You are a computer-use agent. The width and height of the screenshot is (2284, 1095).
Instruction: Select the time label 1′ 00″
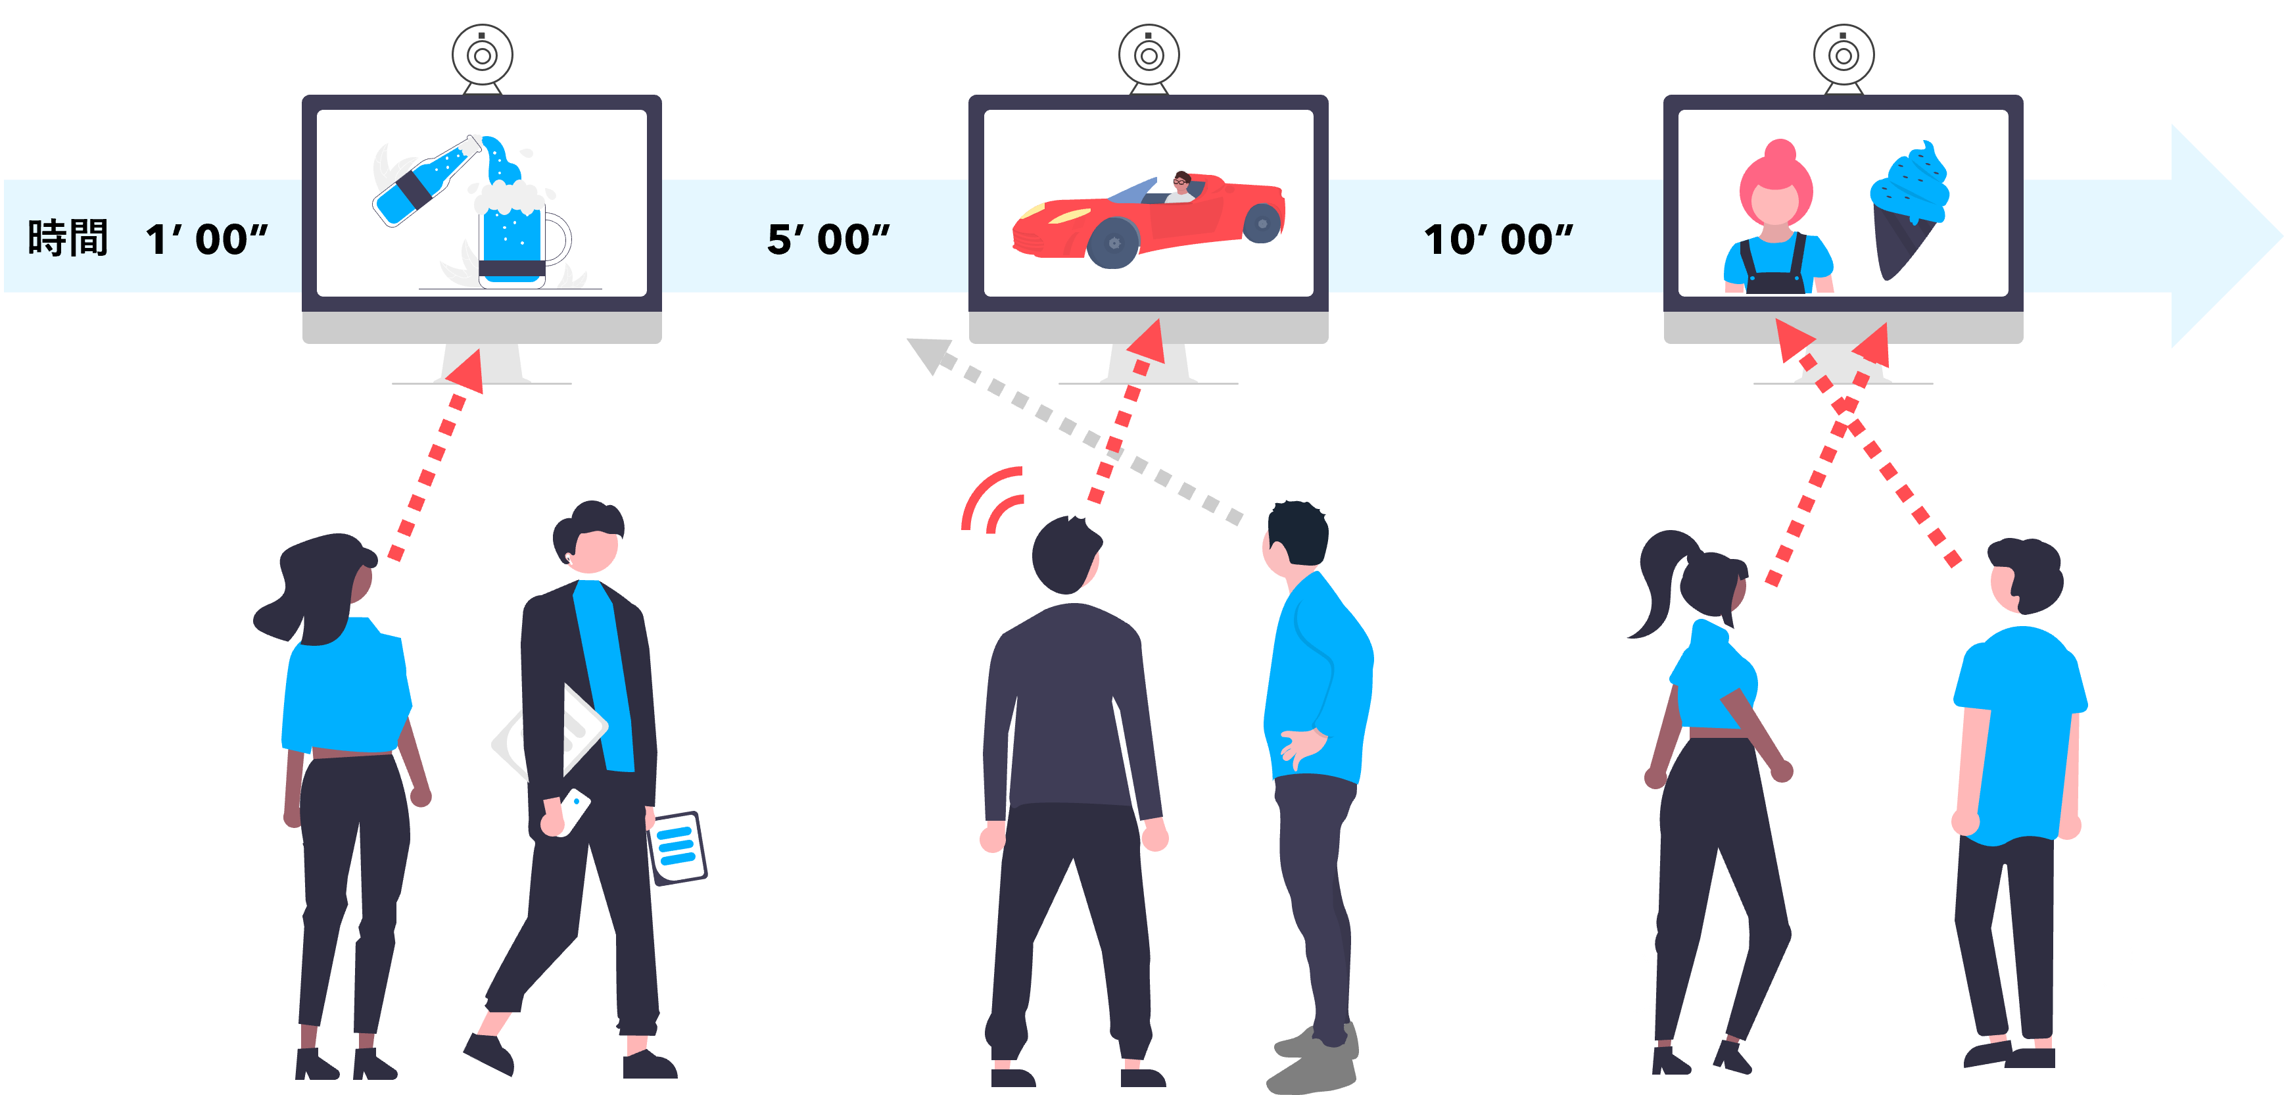[206, 239]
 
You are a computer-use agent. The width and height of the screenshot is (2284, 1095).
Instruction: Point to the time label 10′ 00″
[1498, 239]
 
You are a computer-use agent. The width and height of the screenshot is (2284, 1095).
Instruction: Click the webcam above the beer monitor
[483, 56]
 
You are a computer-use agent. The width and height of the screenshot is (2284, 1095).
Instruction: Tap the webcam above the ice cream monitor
[1844, 56]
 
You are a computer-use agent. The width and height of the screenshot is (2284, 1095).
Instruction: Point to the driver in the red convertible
[1181, 185]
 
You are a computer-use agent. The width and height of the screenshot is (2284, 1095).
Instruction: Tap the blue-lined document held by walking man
[678, 847]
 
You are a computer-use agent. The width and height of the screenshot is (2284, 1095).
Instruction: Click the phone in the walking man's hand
[573, 810]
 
